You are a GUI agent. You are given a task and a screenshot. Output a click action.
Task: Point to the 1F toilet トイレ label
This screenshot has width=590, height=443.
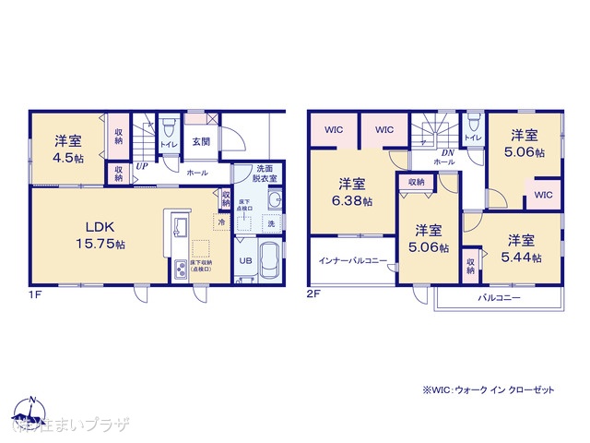(x=169, y=145)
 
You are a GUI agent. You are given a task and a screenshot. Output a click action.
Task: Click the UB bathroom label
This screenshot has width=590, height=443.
(x=246, y=259)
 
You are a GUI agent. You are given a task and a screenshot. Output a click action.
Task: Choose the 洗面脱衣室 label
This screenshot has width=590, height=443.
(x=265, y=174)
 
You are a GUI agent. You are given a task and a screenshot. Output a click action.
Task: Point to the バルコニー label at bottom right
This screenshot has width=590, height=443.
(x=499, y=299)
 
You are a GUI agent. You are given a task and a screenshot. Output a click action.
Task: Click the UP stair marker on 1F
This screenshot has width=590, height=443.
(x=143, y=166)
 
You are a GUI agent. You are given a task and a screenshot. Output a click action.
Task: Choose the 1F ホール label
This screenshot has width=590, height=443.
(x=197, y=173)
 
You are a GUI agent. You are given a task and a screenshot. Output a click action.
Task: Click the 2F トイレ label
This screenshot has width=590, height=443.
(x=472, y=138)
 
